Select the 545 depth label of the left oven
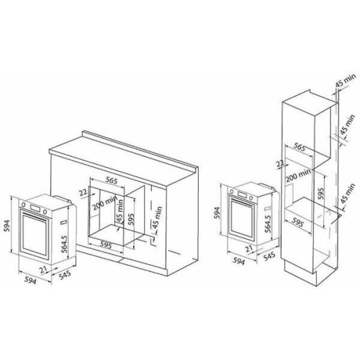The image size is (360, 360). click(x=65, y=275)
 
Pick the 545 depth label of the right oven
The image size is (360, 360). click(x=269, y=256)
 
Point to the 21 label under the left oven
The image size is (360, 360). click(x=44, y=270)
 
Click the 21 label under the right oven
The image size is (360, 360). click(x=249, y=249)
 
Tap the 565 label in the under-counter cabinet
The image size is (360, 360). click(x=111, y=180)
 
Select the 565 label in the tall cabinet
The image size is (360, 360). click(x=300, y=148)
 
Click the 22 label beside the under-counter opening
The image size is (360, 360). click(x=83, y=192)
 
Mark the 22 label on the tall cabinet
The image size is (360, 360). click(x=279, y=164)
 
